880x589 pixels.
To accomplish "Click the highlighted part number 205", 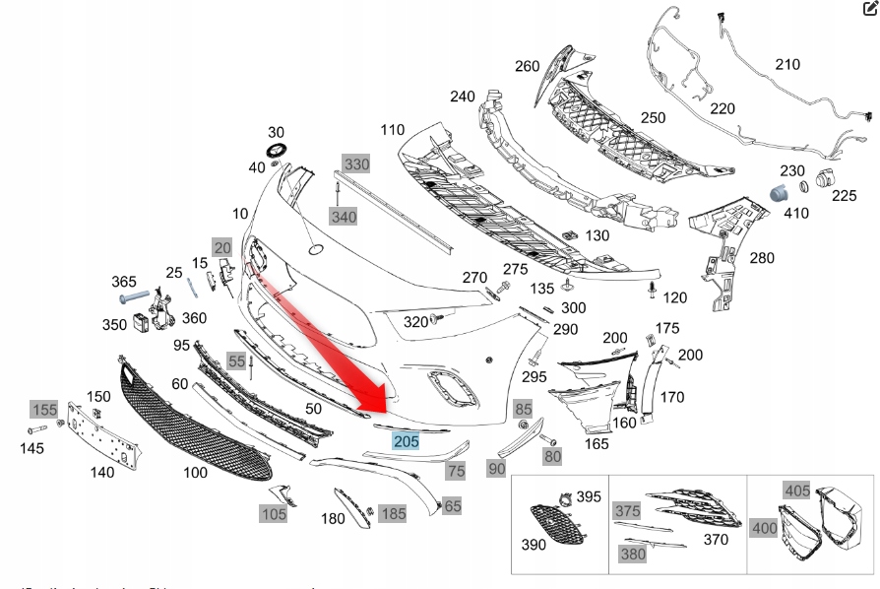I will pos(406,441).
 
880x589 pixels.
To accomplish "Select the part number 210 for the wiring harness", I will pos(787,65).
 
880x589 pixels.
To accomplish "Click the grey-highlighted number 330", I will pos(355,164).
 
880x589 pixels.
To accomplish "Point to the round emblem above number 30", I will pos(276,151).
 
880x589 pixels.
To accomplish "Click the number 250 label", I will pos(654,118).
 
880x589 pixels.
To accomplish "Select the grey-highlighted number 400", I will pos(764,528).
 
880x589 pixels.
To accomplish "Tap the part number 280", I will pos(761,259).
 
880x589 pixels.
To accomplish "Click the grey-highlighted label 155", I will pos(43,409).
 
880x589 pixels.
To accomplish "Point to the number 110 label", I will pos(392,130).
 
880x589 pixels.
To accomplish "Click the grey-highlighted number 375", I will pos(627,510).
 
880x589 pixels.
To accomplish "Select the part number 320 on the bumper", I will pos(415,322).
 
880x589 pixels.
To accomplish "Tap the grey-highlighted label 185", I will pos(393,513).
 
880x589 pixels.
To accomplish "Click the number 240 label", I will pos(463,97).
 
